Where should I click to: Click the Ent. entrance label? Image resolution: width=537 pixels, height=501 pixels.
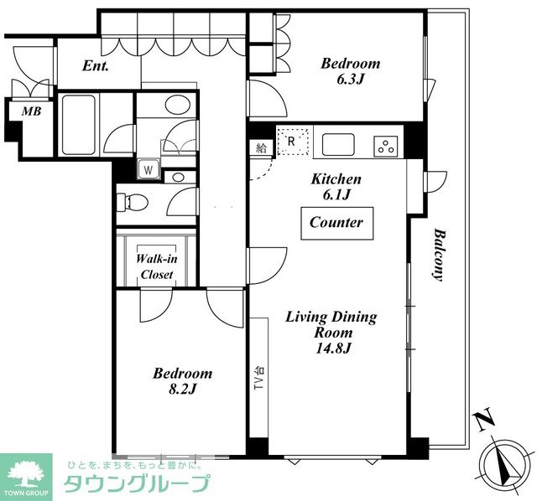point(96,66)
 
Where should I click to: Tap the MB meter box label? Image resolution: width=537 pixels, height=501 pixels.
point(31,111)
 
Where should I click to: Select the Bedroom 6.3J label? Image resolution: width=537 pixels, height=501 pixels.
point(351,71)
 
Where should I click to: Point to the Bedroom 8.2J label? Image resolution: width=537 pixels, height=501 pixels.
point(182,380)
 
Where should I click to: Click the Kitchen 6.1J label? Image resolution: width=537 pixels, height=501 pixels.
point(336,187)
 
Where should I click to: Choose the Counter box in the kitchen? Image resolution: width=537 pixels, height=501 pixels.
point(337,224)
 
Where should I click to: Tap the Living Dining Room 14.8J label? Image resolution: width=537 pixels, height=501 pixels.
point(331,332)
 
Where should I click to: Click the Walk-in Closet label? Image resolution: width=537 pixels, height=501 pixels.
point(157,266)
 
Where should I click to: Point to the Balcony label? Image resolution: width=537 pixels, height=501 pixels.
point(439,255)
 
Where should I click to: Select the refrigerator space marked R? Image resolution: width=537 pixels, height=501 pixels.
point(295,142)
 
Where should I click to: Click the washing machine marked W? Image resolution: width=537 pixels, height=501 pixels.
point(149,169)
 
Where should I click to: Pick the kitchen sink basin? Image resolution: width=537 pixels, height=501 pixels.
point(338,145)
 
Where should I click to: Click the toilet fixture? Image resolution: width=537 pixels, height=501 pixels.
point(132,202)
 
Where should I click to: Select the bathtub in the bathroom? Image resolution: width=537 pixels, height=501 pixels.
point(78,125)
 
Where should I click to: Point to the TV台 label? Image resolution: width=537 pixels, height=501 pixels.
point(259,379)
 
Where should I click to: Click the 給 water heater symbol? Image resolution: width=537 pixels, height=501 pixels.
point(261,148)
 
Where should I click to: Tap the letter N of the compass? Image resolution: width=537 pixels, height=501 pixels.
point(483,419)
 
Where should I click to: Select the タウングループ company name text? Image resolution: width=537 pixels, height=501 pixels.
point(137,483)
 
